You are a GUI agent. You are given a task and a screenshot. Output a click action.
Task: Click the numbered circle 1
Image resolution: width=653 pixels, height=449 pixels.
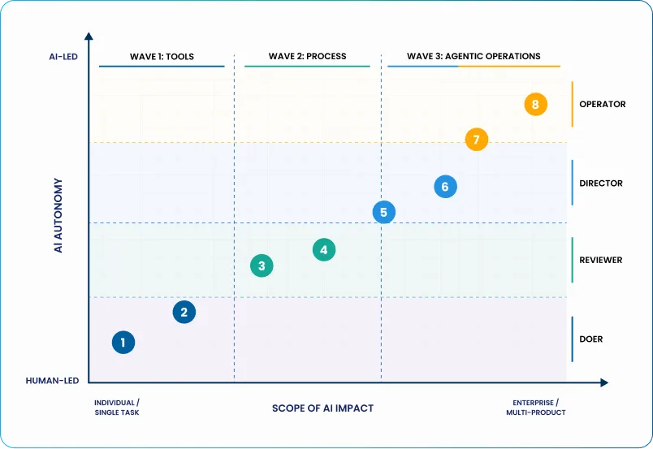point(123,343)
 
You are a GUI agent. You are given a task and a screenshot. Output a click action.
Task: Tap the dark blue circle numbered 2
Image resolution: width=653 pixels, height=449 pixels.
point(184,312)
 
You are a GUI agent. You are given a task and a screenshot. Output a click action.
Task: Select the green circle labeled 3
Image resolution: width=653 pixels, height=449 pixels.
point(262,266)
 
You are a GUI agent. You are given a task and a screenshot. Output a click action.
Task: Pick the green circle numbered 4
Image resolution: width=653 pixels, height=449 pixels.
point(324,250)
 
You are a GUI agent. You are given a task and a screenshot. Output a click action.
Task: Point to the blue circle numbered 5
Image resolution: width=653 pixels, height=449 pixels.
point(384,212)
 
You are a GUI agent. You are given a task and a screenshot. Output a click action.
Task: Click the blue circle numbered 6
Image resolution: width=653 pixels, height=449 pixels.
point(445,187)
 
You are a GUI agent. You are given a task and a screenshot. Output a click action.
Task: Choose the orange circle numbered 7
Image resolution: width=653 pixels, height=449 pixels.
point(477,140)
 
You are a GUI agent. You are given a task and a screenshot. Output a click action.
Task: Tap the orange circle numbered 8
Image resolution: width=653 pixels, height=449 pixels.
point(535,104)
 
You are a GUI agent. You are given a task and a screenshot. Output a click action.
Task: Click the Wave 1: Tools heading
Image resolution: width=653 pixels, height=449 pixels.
point(162,57)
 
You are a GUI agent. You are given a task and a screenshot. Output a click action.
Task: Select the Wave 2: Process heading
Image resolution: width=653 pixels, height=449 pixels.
point(307,56)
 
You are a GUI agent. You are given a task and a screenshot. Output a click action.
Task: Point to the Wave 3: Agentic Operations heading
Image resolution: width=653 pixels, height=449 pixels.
point(474,56)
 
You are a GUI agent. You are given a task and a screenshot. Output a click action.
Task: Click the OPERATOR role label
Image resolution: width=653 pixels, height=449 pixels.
point(602,104)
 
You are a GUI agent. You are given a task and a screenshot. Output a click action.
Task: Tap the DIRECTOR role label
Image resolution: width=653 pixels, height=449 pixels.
point(601,183)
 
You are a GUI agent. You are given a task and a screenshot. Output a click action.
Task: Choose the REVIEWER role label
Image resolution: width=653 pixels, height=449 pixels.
point(600,260)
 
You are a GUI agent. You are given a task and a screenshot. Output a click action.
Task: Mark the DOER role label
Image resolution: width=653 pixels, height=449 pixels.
point(591,339)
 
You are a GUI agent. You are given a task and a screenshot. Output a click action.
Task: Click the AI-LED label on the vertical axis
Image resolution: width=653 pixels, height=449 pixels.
point(63,57)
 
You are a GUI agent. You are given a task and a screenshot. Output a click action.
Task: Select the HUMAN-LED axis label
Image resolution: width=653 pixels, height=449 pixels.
point(52,381)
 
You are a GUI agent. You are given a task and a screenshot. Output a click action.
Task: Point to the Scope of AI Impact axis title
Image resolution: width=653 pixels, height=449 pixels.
point(322,408)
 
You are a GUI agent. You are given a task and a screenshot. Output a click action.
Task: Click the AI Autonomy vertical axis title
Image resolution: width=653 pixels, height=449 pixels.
point(58,215)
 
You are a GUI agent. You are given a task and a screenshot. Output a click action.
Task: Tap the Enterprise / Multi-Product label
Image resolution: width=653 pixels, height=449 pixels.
point(536,408)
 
